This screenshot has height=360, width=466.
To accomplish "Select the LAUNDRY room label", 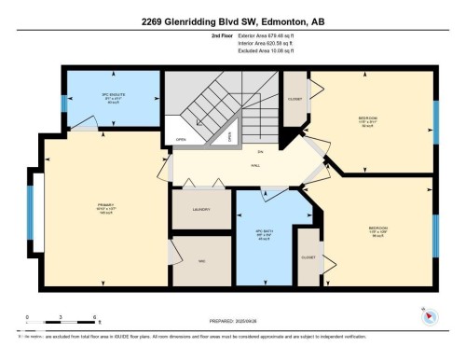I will click(x=200, y=211).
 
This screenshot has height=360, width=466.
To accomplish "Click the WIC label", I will click(x=200, y=260).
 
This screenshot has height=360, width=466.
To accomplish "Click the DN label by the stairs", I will click(x=261, y=151).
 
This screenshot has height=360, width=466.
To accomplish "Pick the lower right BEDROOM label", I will click(x=377, y=227).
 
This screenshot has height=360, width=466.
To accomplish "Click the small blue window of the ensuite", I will click(x=64, y=102).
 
